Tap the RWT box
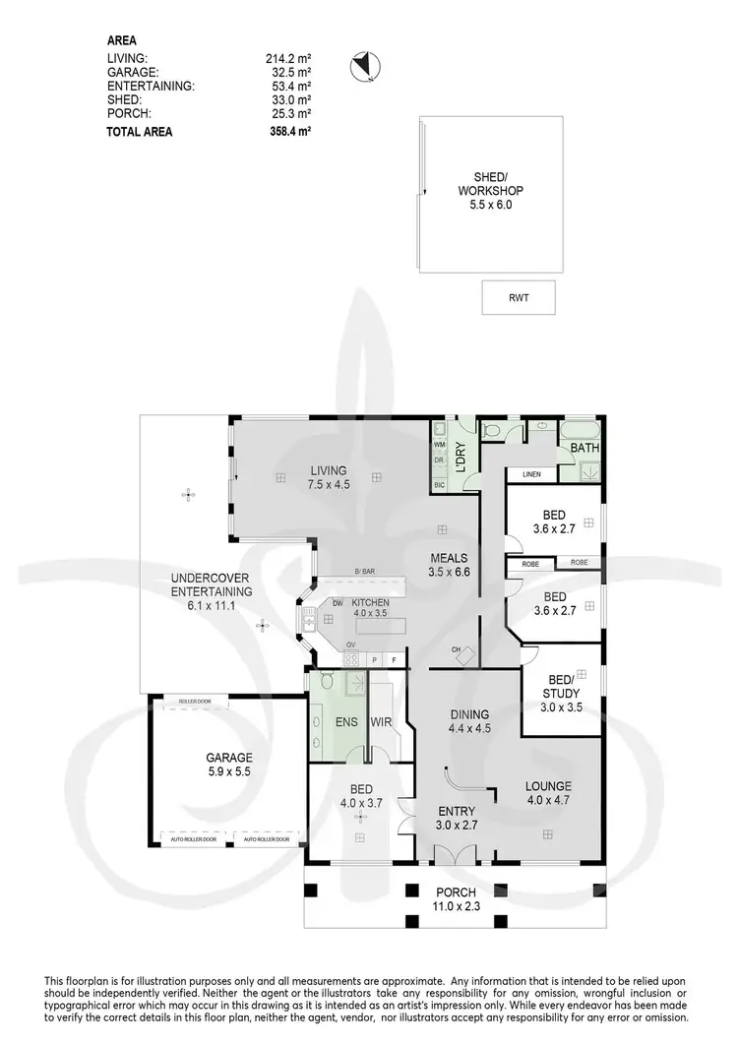(519, 297)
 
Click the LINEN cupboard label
(531, 475)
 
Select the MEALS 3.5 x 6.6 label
(448, 564)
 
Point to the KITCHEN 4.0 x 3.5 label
(371, 608)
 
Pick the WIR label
(382, 722)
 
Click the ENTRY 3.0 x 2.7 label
(456, 818)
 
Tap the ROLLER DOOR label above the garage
(188, 702)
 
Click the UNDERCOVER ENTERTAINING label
(212, 591)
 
